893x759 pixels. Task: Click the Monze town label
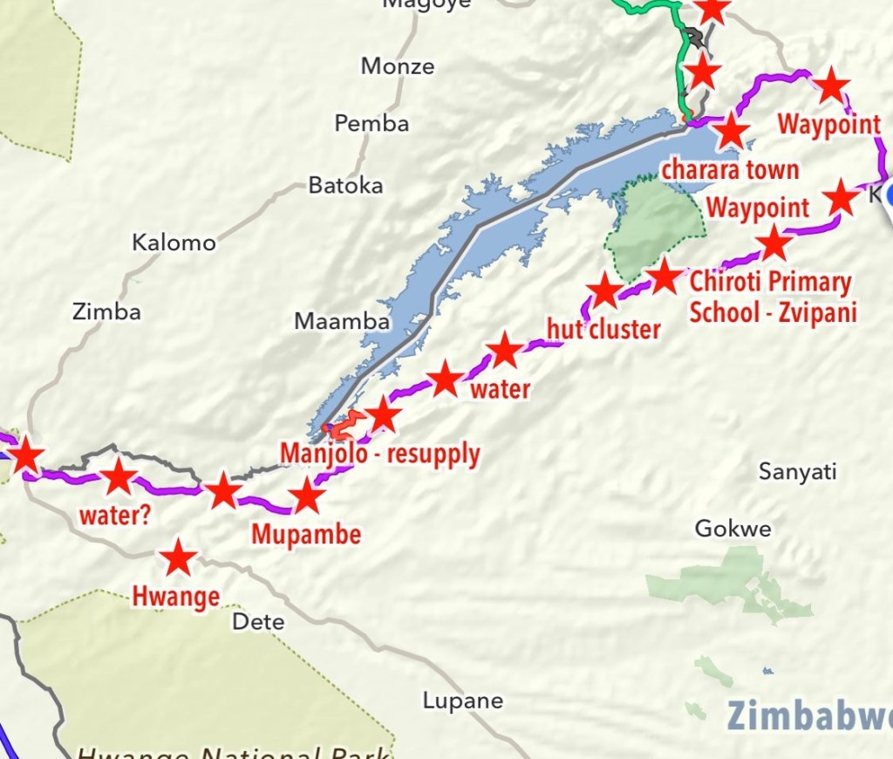point(397,66)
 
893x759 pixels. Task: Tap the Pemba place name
point(372,124)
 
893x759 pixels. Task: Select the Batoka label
point(345,186)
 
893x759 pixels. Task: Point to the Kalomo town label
point(174,243)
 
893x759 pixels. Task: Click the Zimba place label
point(107,311)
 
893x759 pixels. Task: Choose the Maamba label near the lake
point(342,321)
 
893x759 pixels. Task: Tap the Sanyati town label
point(797,472)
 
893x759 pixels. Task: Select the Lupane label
point(463,701)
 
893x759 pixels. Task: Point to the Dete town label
point(258,621)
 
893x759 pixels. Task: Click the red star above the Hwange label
point(179,557)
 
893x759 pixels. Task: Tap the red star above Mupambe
point(306,496)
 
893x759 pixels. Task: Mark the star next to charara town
point(731,132)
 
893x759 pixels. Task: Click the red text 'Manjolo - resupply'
point(379,455)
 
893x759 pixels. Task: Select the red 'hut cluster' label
point(603,329)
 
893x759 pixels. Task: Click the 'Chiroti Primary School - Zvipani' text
point(771,297)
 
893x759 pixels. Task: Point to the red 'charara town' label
point(730,169)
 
